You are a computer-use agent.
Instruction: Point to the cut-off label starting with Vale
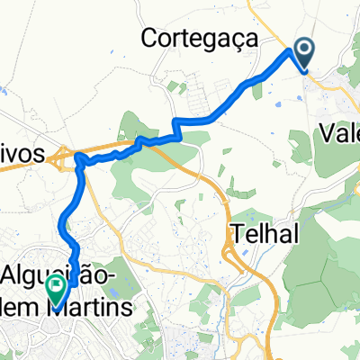[340, 135]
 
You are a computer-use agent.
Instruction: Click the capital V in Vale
[328, 135]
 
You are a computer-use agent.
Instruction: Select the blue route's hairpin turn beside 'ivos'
[80, 160]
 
